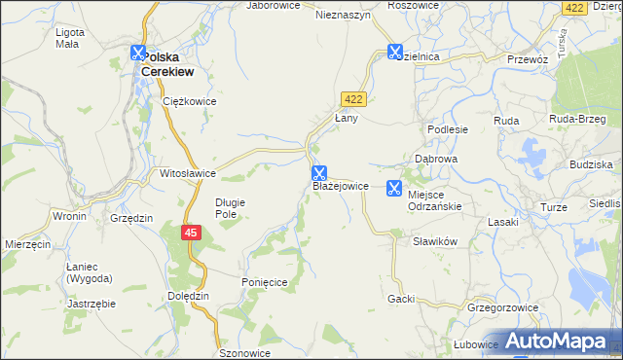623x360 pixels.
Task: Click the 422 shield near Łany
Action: coord(352,98)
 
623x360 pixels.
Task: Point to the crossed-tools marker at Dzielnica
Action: coord(395,53)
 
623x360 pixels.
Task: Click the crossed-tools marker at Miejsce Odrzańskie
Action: coord(395,188)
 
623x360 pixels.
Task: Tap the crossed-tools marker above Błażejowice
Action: coord(319,173)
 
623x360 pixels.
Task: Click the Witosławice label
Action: coord(187,173)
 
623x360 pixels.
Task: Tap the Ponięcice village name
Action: coord(264,281)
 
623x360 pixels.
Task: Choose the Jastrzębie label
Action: coord(92,304)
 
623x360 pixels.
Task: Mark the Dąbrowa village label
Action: coord(436,159)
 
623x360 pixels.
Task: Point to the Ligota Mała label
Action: coord(70,38)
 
